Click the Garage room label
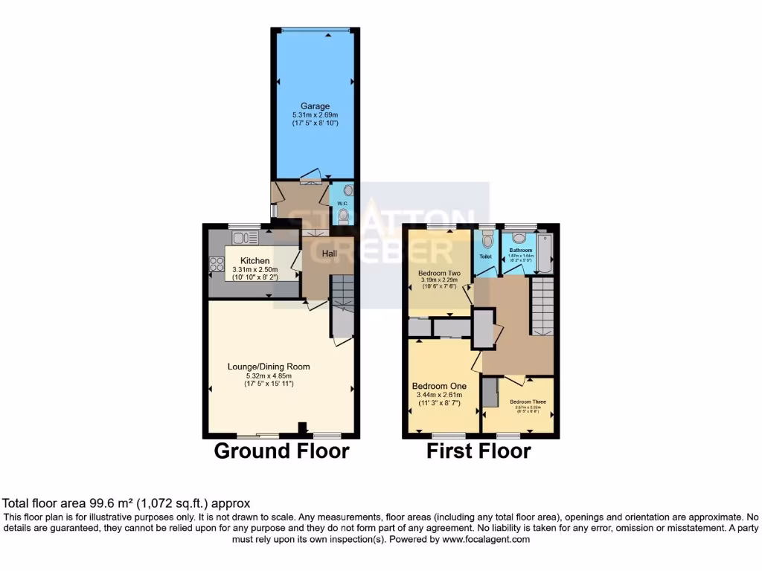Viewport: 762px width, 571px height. point(315,106)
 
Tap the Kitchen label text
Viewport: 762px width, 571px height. point(254,260)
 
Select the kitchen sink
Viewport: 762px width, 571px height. point(243,238)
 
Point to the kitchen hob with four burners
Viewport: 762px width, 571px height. point(217,265)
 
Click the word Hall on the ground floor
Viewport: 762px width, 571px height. point(330,254)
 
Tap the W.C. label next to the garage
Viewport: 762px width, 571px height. point(342,203)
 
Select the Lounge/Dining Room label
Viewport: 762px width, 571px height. point(269,367)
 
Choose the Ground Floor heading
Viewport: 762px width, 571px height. point(281,451)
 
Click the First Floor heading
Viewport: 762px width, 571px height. point(478,451)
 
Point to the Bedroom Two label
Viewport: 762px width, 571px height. point(439,273)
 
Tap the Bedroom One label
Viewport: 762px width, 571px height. point(439,387)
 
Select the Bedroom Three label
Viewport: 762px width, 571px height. point(528,402)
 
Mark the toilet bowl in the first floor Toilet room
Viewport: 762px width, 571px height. point(487,240)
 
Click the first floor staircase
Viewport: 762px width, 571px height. point(542,305)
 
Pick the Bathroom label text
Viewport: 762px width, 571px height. point(520,251)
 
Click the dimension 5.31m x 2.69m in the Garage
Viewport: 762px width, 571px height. point(315,116)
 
